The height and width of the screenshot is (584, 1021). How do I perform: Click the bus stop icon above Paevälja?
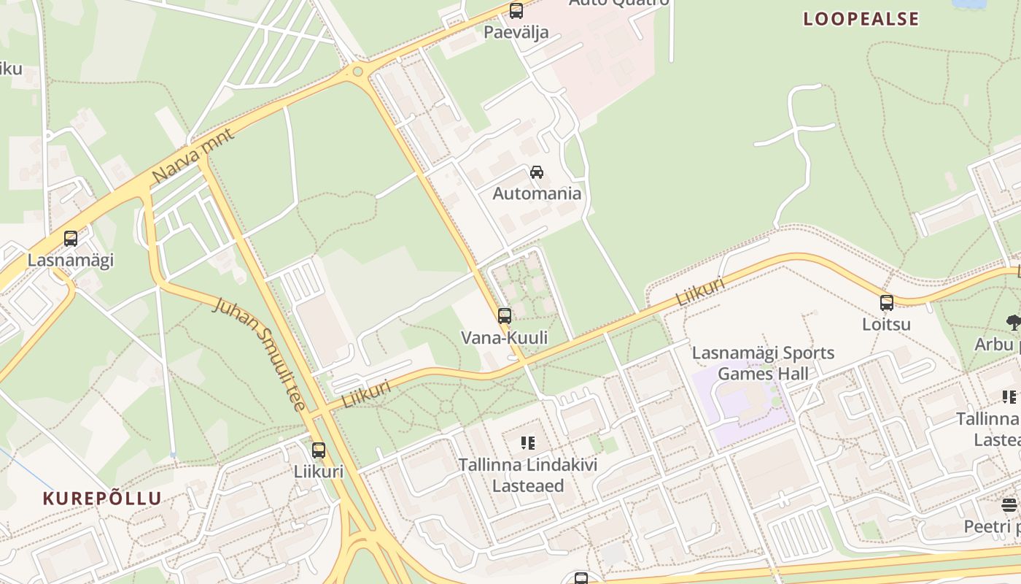coord(516,11)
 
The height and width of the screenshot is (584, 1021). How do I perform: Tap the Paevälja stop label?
coord(516,32)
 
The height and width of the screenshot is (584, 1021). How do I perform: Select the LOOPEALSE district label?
coord(861,19)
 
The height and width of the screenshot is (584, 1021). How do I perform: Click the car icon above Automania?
coord(537,172)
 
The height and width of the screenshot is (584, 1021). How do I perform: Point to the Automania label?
coord(537,193)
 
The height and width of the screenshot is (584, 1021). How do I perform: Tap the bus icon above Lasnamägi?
coord(71,239)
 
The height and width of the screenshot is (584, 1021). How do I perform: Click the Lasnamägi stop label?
coord(71,260)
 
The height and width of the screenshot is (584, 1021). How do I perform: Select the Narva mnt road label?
coord(193,156)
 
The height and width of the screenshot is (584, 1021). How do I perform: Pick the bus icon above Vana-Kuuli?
coord(505,316)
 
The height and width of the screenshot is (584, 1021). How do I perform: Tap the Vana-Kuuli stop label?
coord(505,337)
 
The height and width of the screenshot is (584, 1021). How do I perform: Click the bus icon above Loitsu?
coord(887,302)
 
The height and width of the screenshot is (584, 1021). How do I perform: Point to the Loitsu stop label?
coord(887,323)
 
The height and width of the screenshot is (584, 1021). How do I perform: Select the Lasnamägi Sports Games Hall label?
coord(763,364)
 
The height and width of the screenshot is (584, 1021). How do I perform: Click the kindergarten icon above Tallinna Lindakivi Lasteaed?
coord(528,442)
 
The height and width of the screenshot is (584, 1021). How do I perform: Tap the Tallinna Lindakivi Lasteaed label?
coord(528,475)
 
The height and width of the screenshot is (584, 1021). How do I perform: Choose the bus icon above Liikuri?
coord(319,450)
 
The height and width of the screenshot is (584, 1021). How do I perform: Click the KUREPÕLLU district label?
coord(102,499)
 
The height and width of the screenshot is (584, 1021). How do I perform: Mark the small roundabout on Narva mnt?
coord(357,72)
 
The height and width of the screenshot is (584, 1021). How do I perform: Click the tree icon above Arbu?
coord(1013,321)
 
